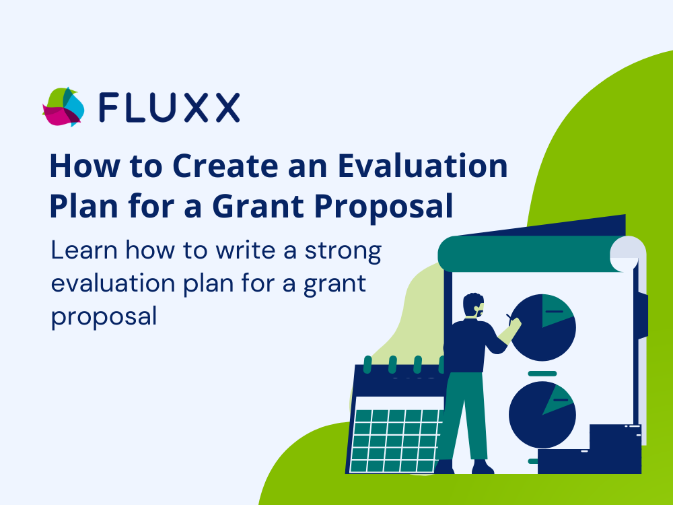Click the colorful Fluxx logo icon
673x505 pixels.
[63, 107]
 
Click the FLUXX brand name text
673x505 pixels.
[169, 107]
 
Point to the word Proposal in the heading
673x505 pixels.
[384, 207]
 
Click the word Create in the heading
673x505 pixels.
[225, 166]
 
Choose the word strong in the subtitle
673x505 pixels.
[343, 250]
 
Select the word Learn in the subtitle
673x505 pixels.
[84, 250]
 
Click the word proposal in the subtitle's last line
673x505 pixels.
[104, 317]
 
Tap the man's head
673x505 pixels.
[473, 305]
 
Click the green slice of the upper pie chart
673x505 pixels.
[557, 310]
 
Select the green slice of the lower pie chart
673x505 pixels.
[557, 399]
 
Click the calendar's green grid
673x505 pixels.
[394, 440]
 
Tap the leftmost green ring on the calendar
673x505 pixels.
[367, 364]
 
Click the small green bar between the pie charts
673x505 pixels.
[542, 374]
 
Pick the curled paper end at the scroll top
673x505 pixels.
[627, 253]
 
